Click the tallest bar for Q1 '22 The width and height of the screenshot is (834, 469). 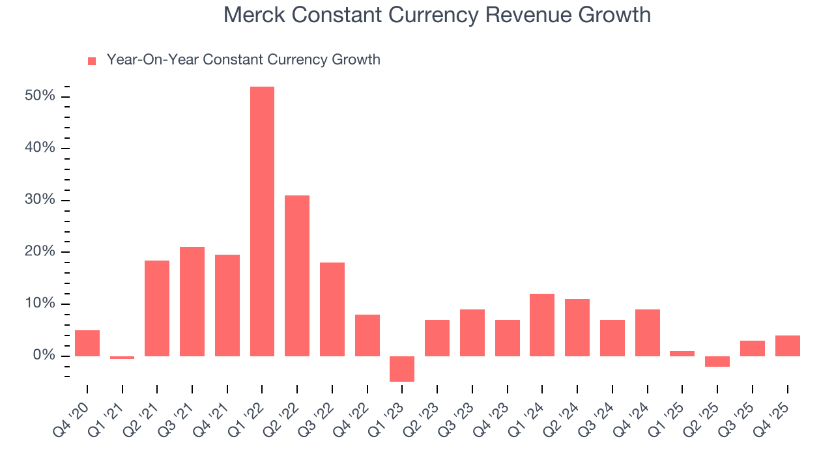(x=262, y=221)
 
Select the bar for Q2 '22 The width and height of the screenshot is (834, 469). (x=297, y=276)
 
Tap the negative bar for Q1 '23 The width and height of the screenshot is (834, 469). (x=402, y=369)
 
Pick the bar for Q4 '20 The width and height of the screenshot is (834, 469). (x=87, y=343)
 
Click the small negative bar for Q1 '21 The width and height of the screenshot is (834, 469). (x=122, y=358)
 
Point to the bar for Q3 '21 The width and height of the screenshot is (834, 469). (x=192, y=302)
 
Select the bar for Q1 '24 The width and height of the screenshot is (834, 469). (x=542, y=325)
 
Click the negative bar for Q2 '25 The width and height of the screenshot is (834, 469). (x=717, y=362)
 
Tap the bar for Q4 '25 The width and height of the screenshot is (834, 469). (x=787, y=346)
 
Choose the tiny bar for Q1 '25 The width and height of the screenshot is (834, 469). (x=682, y=354)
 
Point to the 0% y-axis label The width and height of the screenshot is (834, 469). (x=44, y=356)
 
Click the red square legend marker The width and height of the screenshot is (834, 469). (x=92, y=61)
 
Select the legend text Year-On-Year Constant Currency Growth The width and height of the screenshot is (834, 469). (x=243, y=60)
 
